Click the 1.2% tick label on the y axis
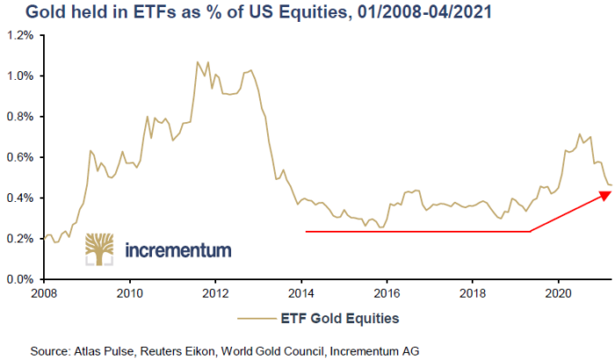(x=20, y=36)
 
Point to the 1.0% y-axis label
(x=20, y=76)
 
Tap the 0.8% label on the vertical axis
(x=20, y=117)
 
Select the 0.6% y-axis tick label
(x=20, y=157)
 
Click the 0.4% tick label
(x=20, y=198)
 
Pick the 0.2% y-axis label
(x=20, y=239)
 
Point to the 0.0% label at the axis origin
(x=20, y=279)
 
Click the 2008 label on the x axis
(x=44, y=293)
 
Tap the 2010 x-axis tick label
(x=130, y=293)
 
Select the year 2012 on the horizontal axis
(x=215, y=293)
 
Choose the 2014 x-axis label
(x=301, y=293)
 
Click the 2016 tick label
(x=387, y=293)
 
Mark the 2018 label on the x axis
(x=473, y=293)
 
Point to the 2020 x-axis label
(x=559, y=293)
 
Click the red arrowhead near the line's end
(x=605, y=195)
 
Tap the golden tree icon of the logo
(x=99, y=249)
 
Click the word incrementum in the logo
(x=178, y=250)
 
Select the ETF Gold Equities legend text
(x=340, y=318)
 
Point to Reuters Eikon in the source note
(x=177, y=350)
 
